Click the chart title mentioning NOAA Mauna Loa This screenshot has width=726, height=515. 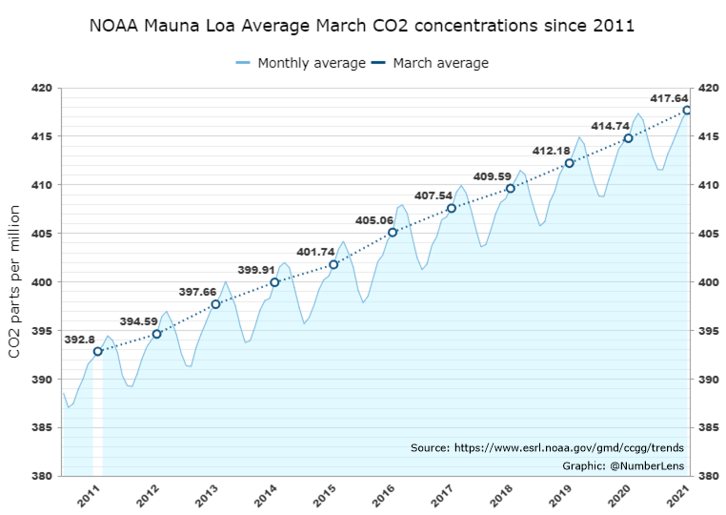click(362, 24)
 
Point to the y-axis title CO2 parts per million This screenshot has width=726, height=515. click(15, 281)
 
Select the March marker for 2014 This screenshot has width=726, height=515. click(274, 282)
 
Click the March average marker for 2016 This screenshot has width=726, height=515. click(393, 232)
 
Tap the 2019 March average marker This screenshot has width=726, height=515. click(569, 163)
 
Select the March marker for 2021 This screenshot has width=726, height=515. click(687, 111)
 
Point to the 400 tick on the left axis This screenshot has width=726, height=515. click(42, 282)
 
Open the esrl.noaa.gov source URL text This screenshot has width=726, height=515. click(547, 447)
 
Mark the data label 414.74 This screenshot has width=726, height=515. click(611, 126)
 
